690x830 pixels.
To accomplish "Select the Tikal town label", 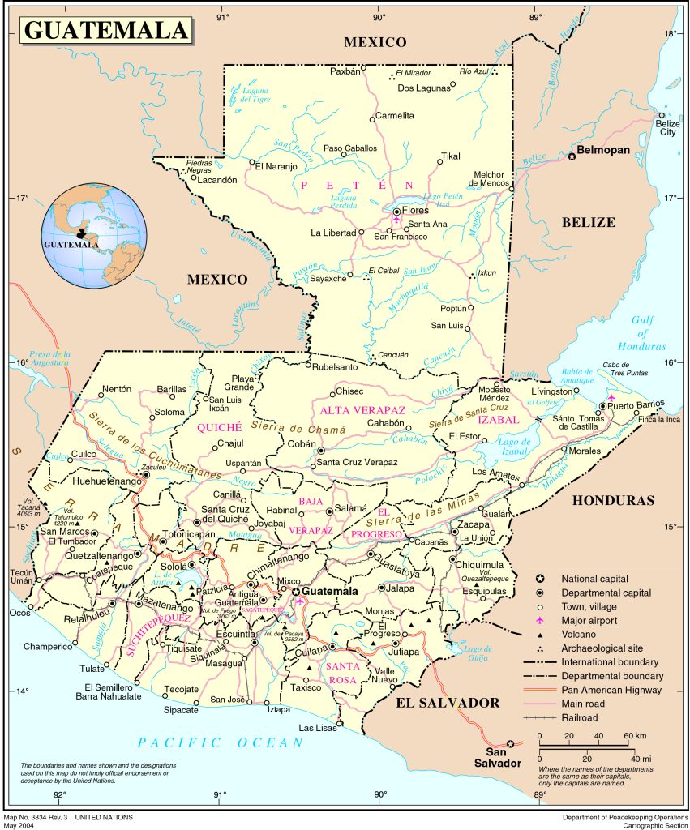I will coord(450,156).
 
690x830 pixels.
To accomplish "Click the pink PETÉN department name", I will coord(357,186).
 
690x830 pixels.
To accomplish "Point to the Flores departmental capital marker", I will coord(396,211).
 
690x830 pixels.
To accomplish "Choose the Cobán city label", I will coord(301,444).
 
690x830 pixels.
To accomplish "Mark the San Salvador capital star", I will coord(510,744).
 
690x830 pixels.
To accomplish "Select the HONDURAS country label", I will coord(612,501).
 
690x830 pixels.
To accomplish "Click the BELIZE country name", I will coord(588,222).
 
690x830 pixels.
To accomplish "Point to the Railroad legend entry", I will coord(579,717).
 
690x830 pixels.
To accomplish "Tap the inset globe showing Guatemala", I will coord(96,235).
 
